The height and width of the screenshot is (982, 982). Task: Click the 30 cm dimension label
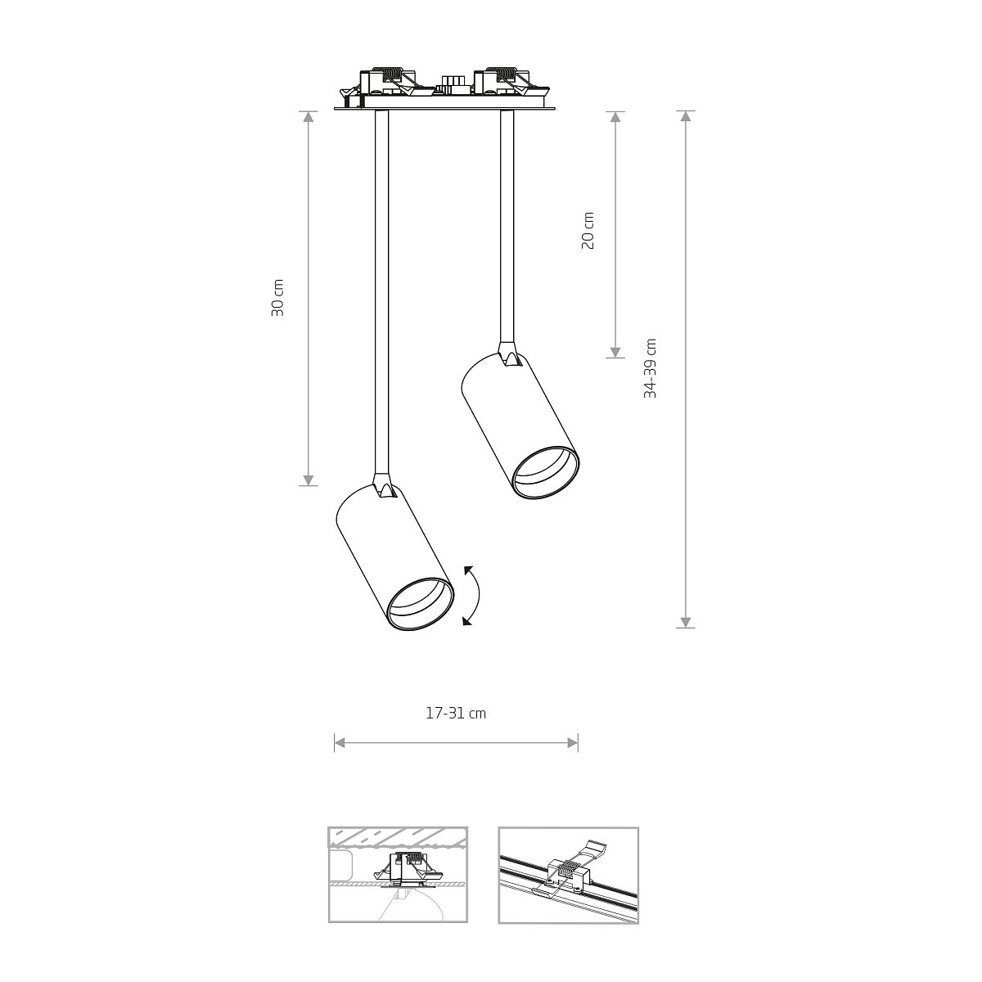[277, 298]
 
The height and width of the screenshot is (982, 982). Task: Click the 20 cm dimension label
[588, 230]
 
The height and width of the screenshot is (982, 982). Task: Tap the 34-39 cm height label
[651, 367]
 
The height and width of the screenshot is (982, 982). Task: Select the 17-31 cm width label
[456, 714]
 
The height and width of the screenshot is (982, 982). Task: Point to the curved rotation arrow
[477, 594]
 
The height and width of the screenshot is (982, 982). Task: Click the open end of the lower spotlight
[420, 605]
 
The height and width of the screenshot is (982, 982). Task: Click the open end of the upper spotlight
[545, 472]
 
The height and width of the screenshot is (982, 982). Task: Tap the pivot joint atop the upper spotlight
[507, 354]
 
